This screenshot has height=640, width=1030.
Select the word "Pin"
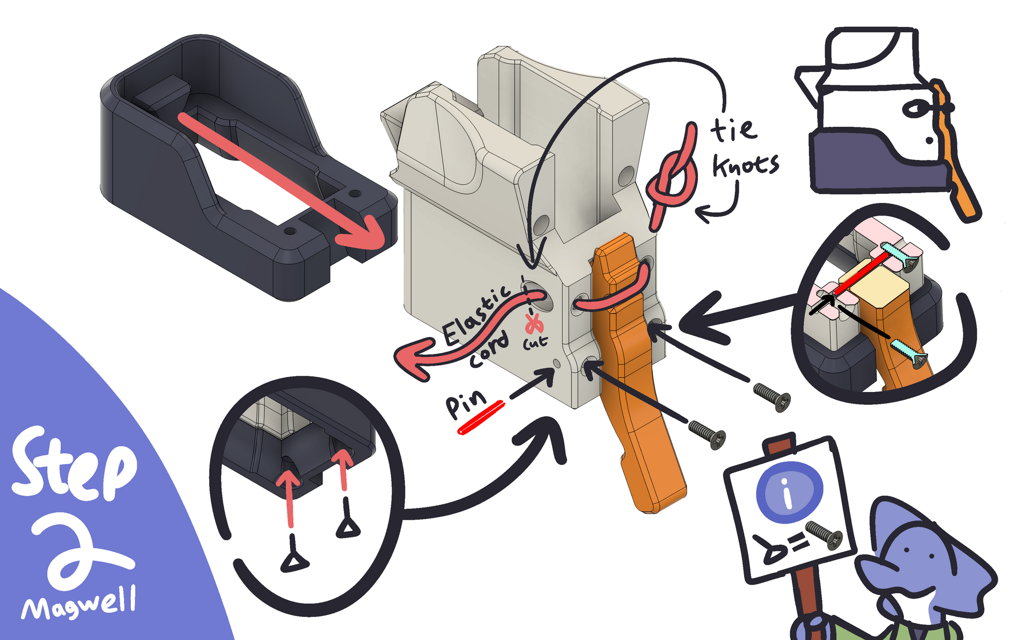[x=465, y=404]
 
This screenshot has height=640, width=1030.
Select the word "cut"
[x=535, y=342]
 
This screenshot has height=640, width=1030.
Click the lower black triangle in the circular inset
[x=294, y=563]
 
